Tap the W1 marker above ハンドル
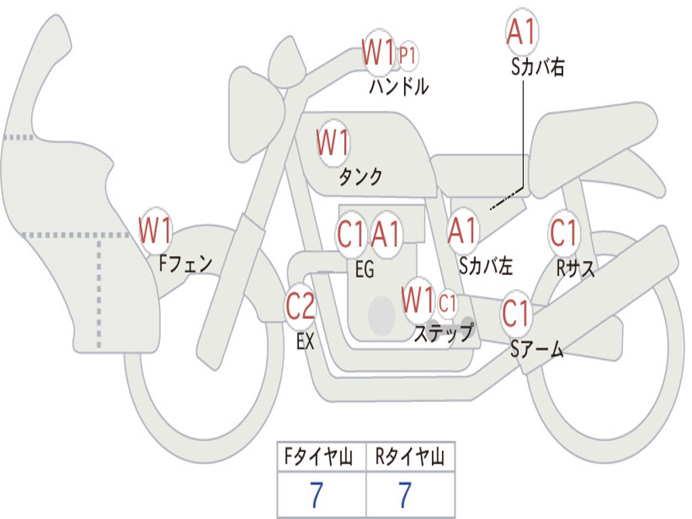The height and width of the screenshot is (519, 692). [378, 52]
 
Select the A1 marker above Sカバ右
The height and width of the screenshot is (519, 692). [522, 32]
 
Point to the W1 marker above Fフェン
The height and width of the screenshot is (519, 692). [155, 230]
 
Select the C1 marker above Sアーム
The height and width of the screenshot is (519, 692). [517, 314]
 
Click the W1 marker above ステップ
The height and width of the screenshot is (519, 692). [418, 299]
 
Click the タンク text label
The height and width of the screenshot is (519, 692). [360, 177]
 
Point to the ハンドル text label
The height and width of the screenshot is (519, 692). [399, 86]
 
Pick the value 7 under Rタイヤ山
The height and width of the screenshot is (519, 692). [405, 495]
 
